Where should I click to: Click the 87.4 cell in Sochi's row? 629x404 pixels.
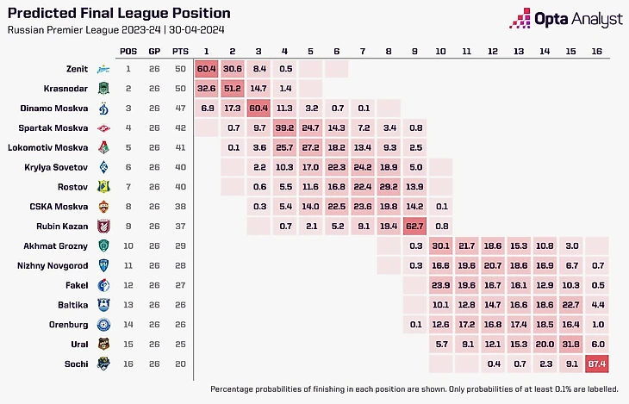tap(596, 364)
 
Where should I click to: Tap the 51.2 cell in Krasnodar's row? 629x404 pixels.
tap(233, 88)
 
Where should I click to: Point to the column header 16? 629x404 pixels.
tap(596, 51)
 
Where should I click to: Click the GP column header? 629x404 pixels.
tap(154, 51)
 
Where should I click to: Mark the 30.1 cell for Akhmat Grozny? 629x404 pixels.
tap(440, 246)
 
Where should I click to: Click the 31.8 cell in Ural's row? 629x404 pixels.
tap(570, 344)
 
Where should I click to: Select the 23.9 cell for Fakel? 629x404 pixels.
tap(440, 285)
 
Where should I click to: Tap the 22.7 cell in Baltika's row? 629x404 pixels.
tap(570, 304)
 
